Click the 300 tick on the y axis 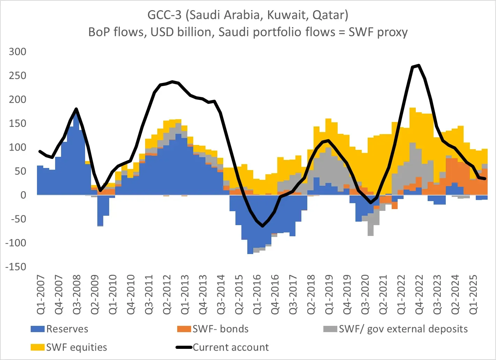click(18, 52)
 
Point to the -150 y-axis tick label click(16, 267)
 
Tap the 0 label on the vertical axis click(23, 195)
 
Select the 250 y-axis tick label click(18, 76)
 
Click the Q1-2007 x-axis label click(41, 295)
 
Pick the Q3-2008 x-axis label click(77, 295)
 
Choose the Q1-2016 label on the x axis click(257, 295)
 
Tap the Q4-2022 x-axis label click(419, 295)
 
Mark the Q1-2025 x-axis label click(473, 295)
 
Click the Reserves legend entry click(67, 329)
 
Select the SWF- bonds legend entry click(220, 329)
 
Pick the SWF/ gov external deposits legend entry click(403, 329)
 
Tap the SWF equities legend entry click(76, 347)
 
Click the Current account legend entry click(231, 347)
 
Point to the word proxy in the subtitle click(392, 32)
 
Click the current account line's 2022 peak click(419, 65)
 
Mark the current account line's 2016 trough click(263, 226)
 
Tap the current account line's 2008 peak click(76, 109)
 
